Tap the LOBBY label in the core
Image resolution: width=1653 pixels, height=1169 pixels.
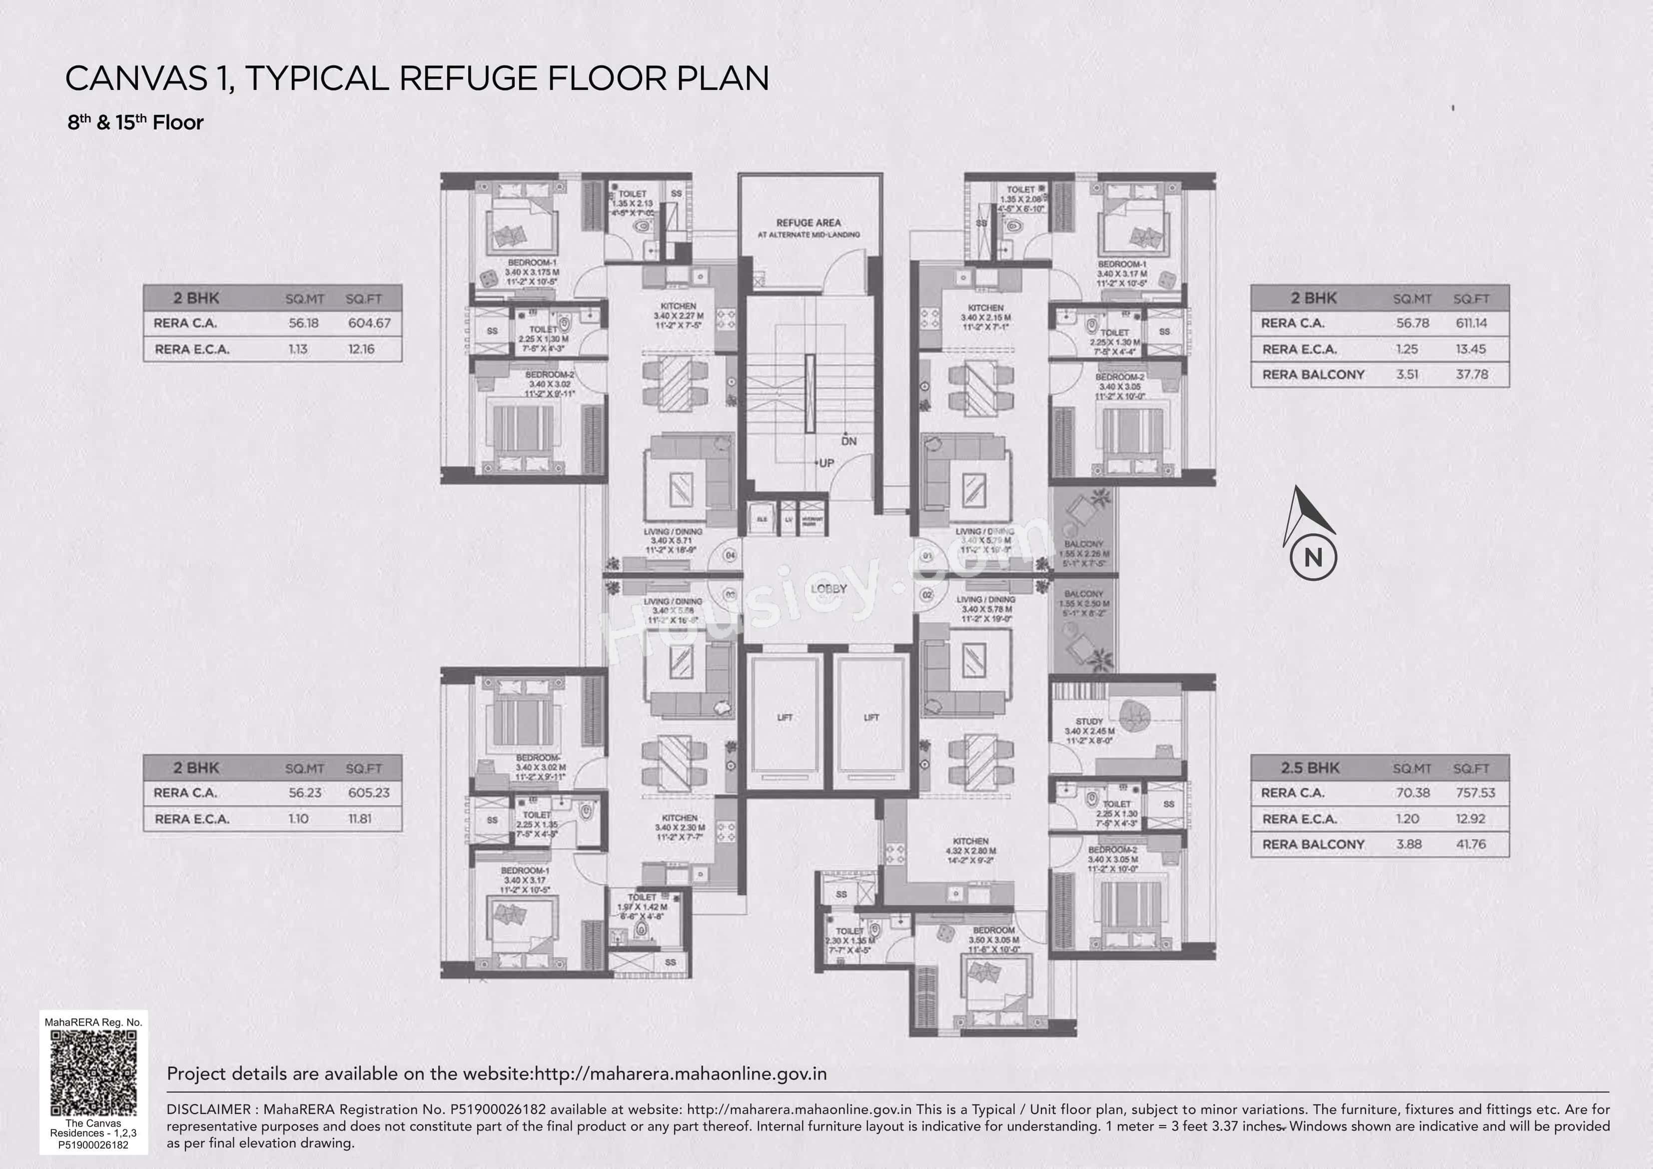(x=828, y=588)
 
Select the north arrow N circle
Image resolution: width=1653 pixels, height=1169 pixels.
(x=1313, y=557)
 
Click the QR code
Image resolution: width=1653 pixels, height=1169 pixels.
(x=93, y=1073)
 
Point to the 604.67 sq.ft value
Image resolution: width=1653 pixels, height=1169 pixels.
(x=369, y=323)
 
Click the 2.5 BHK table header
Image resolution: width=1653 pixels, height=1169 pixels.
(x=1310, y=768)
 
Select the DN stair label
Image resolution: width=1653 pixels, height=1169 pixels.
(x=849, y=441)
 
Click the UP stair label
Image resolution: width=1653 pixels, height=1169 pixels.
(x=826, y=463)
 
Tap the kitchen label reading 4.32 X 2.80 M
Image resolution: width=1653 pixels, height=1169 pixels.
(x=970, y=851)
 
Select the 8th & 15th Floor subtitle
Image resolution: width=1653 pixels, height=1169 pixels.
(x=135, y=122)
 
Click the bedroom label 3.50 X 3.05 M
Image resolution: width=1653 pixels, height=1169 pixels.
(x=993, y=940)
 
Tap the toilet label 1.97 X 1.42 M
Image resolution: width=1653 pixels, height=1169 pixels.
(x=642, y=907)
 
